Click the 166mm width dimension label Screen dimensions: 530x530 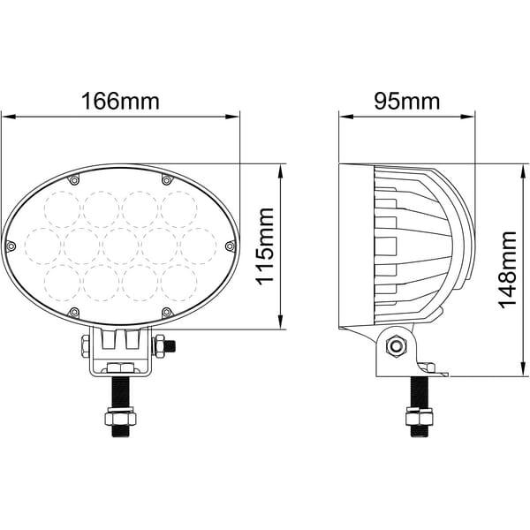120,101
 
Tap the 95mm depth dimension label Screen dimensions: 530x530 407,101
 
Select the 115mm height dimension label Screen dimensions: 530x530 265,246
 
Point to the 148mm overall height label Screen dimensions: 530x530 508,270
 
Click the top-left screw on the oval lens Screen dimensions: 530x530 74,180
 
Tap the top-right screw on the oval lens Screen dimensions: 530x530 167,180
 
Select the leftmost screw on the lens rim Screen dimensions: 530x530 11,246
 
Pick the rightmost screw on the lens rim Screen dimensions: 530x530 231,246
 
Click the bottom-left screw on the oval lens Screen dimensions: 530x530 74,313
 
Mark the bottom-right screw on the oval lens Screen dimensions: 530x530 167,313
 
